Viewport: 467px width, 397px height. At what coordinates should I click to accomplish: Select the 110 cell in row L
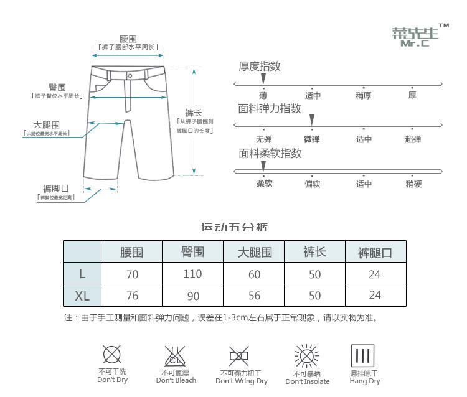click(193, 274)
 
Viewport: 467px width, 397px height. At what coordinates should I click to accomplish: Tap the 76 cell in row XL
click(131, 295)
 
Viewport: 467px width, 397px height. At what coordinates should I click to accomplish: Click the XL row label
click(82, 295)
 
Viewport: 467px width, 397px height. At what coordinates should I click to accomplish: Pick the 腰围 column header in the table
click(131, 252)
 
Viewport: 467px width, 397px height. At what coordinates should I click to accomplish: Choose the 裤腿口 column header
click(375, 253)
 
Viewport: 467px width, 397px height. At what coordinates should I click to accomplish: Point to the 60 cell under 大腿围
click(254, 274)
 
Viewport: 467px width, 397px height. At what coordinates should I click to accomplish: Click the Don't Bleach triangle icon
click(175, 357)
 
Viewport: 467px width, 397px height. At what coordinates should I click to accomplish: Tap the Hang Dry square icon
click(364, 357)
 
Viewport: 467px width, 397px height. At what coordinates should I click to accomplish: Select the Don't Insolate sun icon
click(306, 357)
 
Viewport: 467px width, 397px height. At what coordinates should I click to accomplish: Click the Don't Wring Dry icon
click(239, 357)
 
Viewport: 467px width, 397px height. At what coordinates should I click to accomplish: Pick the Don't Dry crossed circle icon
click(112, 355)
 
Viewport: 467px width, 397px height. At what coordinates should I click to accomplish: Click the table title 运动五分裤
click(234, 227)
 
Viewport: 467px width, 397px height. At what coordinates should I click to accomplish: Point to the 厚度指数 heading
click(260, 66)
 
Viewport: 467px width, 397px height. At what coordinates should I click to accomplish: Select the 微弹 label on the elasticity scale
click(311, 139)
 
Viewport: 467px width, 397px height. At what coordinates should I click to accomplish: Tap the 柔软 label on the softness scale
click(264, 184)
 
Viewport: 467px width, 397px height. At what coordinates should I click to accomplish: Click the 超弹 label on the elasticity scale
click(413, 139)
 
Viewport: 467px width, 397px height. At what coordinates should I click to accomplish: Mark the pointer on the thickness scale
click(263, 78)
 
